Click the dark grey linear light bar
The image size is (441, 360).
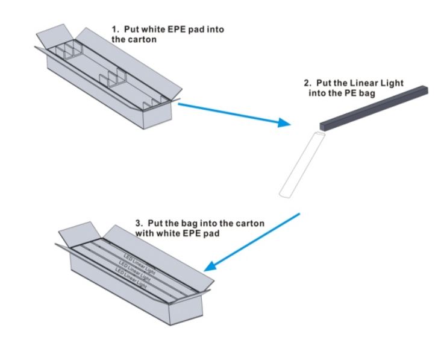(x=374, y=109)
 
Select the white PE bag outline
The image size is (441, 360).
(x=302, y=165)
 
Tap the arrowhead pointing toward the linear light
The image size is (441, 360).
(x=284, y=123)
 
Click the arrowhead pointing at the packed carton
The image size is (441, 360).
(x=210, y=267)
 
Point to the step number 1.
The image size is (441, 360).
(x=114, y=30)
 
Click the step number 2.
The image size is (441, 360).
(x=307, y=83)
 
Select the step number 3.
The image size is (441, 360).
(x=139, y=224)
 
